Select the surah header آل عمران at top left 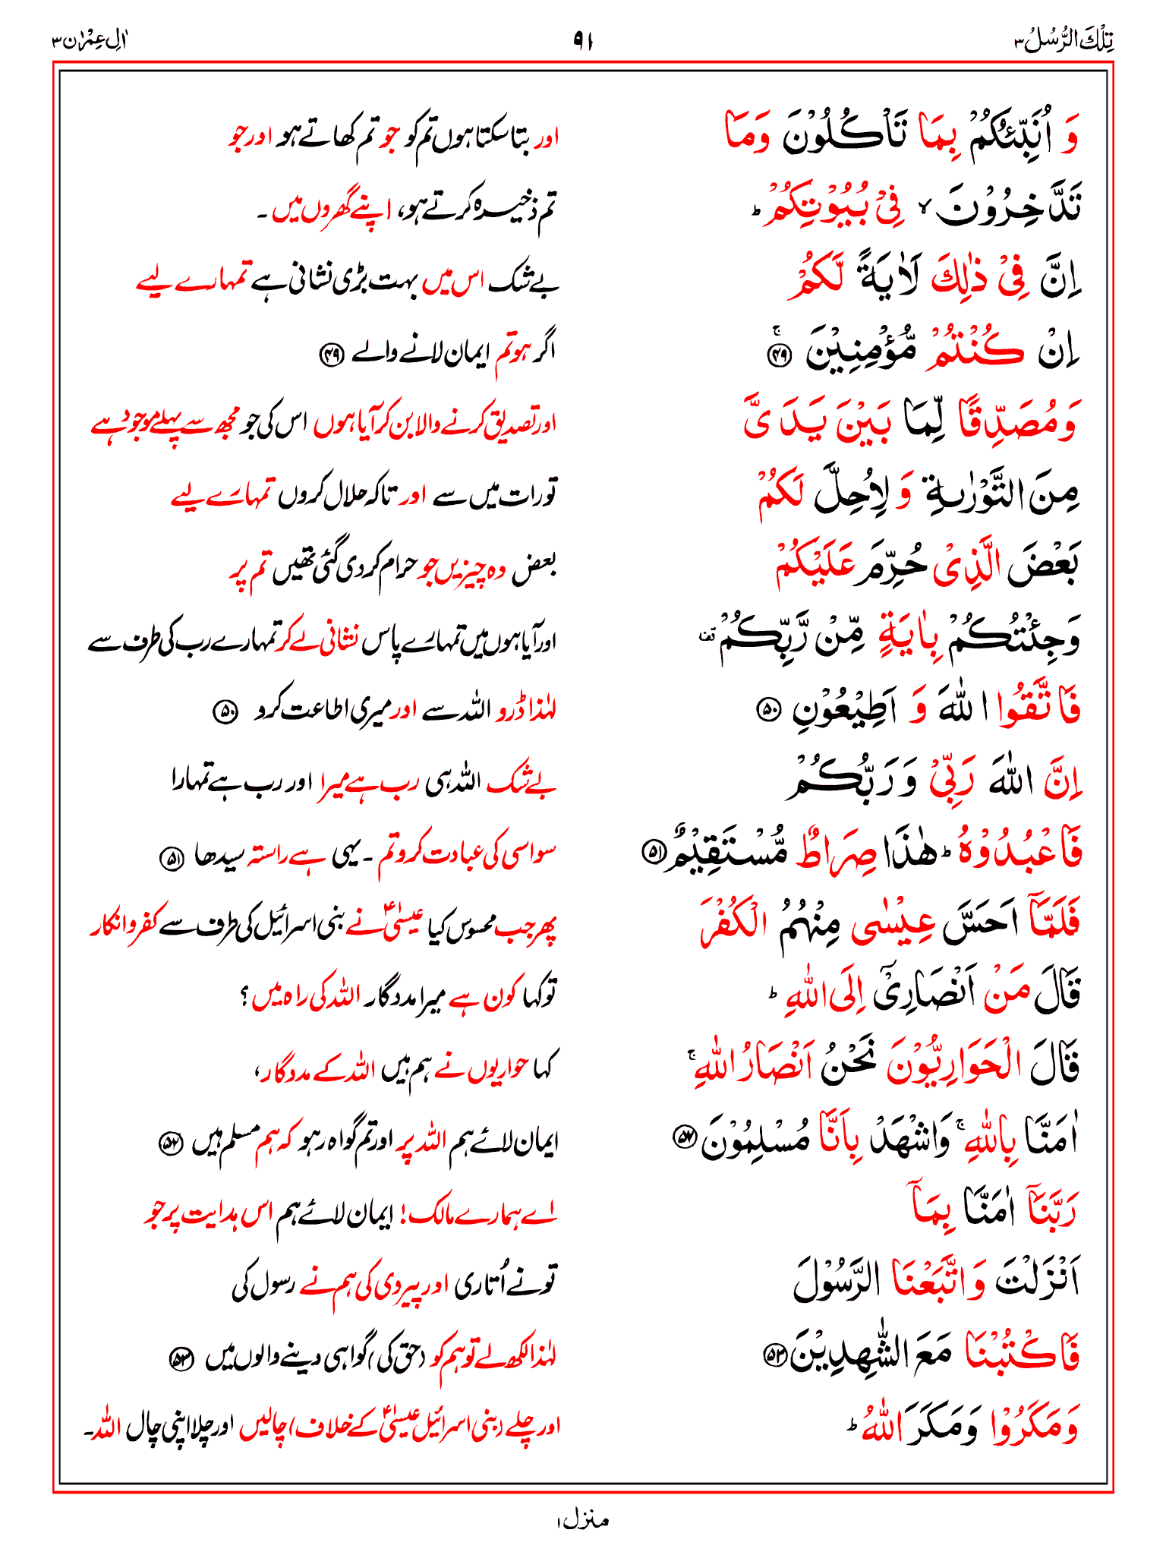(x=90, y=40)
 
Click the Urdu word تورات (x=527, y=494)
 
